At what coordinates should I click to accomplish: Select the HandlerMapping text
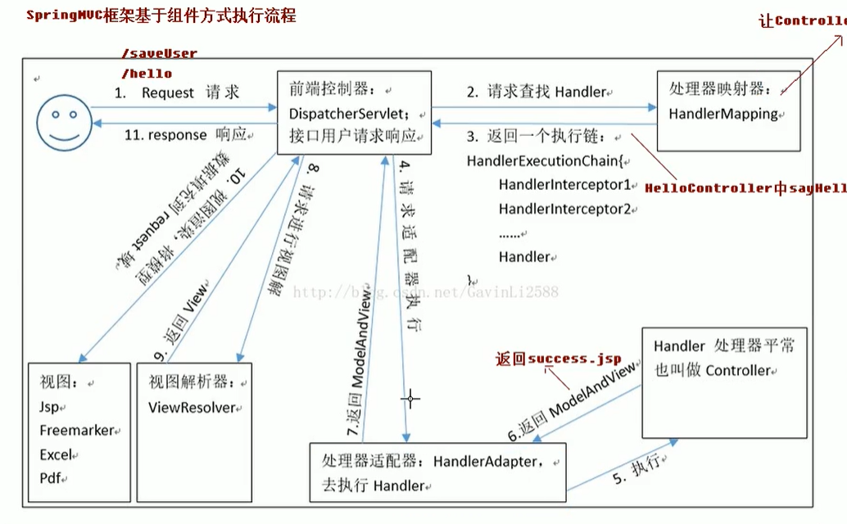(723, 114)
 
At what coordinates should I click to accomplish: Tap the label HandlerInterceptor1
(565, 185)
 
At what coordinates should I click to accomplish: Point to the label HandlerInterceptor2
(565, 209)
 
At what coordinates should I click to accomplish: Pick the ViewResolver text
(192, 407)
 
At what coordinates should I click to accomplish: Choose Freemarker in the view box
(76, 431)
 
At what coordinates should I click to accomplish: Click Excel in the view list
(56, 454)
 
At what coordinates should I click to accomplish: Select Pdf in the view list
(51, 478)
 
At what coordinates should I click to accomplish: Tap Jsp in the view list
(49, 407)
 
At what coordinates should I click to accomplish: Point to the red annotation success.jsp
(574, 359)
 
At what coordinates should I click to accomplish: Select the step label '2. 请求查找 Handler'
(537, 93)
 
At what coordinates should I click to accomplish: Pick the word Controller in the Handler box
(737, 370)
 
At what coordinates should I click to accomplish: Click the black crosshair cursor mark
(410, 400)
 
